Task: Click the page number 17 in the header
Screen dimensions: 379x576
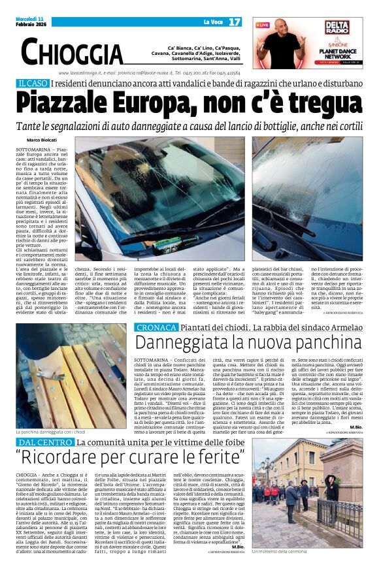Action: pos(235,22)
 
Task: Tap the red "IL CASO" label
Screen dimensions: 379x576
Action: pos(33,84)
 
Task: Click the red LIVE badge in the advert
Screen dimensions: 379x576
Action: pos(263,25)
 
